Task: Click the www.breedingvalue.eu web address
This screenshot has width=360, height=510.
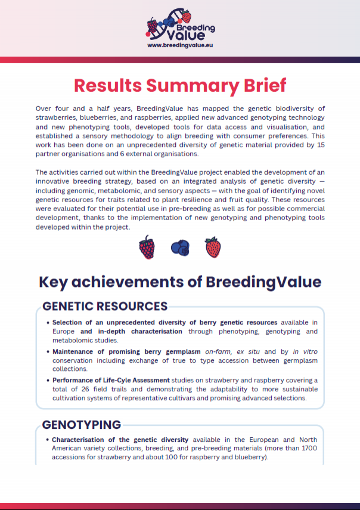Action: tap(180, 45)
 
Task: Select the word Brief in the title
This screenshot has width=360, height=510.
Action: tap(258, 85)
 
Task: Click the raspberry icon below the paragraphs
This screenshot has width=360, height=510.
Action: tap(147, 247)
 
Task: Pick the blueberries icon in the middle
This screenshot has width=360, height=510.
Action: tap(180, 247)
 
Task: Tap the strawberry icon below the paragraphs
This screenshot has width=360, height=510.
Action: tap(213, 247)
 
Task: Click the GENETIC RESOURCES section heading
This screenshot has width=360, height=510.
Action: tap(104, 306)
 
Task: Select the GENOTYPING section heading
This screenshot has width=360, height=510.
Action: tap(82, 425)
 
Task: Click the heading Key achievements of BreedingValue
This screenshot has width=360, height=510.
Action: tap(180, 282)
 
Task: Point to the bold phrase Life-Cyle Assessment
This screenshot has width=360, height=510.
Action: tap(134, 381)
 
